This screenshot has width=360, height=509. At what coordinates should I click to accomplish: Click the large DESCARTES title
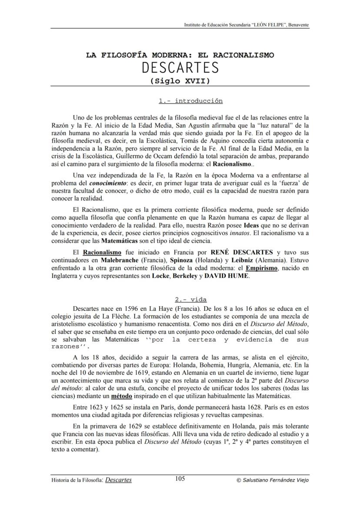[x=180, y=68]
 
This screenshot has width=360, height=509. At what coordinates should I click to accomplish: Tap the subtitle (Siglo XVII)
[x=180, y=81]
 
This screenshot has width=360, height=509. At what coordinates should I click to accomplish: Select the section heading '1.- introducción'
[x=190, y=101]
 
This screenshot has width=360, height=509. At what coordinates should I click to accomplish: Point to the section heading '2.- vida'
[x=190, y=299]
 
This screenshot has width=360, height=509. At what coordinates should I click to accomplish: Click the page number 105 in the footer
[x=180, y=479]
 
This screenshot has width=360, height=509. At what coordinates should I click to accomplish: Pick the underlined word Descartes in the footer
[x=119, y=480]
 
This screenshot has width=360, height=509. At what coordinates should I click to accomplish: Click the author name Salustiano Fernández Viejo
[x=273, y=480]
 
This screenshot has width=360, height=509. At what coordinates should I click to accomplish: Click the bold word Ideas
[x=252, y=226]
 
